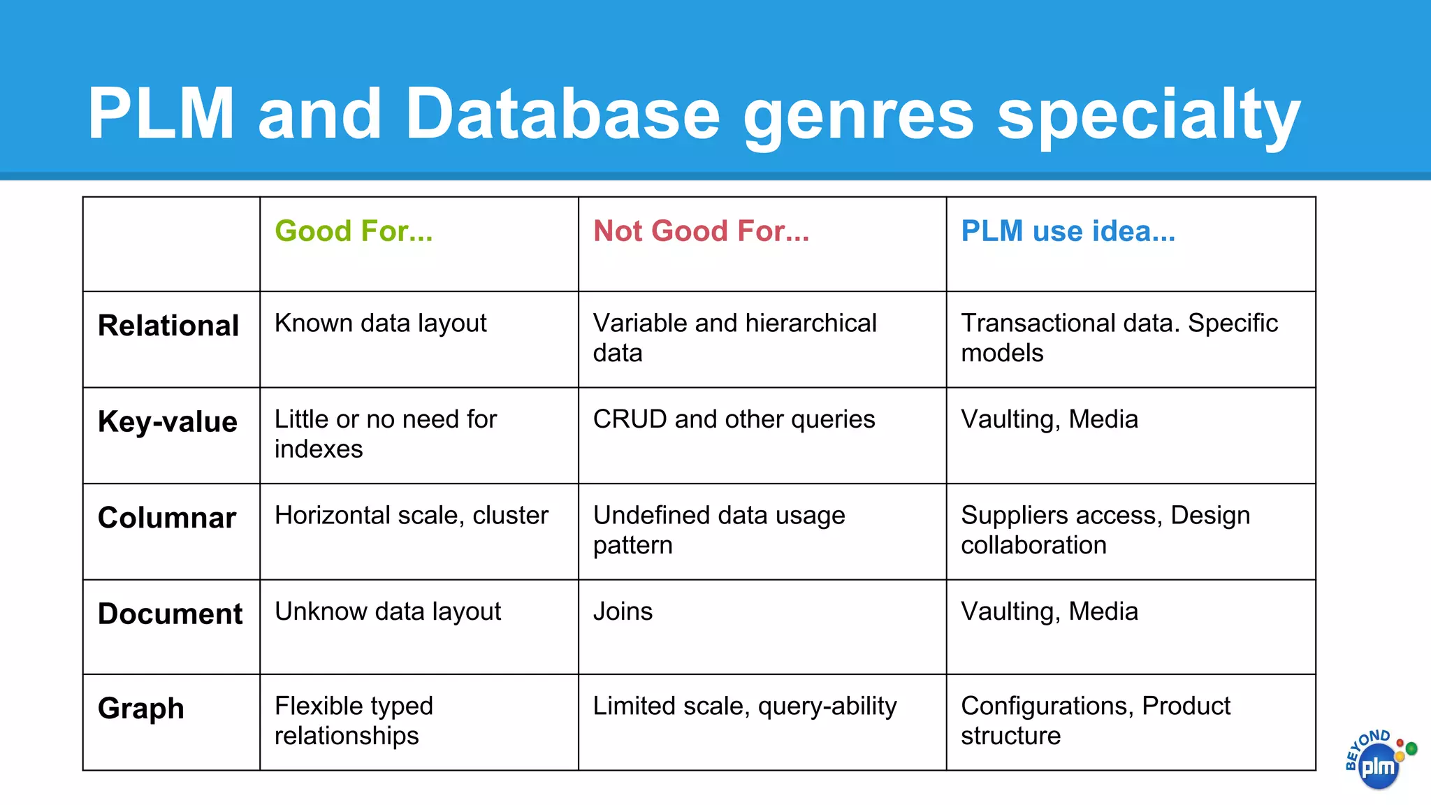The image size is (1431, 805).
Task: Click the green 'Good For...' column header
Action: click(x=354, y=231)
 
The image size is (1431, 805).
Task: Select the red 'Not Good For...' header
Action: click(x=701, y=231)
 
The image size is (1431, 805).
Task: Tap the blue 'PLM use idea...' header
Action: click(x=1068, y=231)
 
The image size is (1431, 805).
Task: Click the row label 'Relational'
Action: click(x=168, y=326)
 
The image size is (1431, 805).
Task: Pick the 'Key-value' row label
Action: click(x=168, y=421)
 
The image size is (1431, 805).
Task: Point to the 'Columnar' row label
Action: click(x=167, y=518)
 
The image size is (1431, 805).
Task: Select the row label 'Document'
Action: click(x=170, y=614)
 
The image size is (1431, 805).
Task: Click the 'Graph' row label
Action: click(x=141, y=709)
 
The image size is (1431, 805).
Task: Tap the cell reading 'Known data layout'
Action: click(x=380, y=324)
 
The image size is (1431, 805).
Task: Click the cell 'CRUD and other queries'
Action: click(x=734, y=419)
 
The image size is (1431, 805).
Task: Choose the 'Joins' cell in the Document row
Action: click(x=623, y=611)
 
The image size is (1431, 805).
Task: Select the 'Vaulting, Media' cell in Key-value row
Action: click(x=1049, y=419)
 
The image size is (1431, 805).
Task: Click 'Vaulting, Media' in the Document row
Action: click(x=1049, y=611)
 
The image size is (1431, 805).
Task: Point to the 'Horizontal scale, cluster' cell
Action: click(x=411, y=516)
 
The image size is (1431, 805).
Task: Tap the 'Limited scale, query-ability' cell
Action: click(x=744, y=706)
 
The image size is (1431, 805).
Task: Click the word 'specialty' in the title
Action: click(x=1148, y=115)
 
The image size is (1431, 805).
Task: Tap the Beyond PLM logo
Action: click(x=1378, y=761)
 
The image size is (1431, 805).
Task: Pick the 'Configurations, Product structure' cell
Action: click(x=1095, y=720)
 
